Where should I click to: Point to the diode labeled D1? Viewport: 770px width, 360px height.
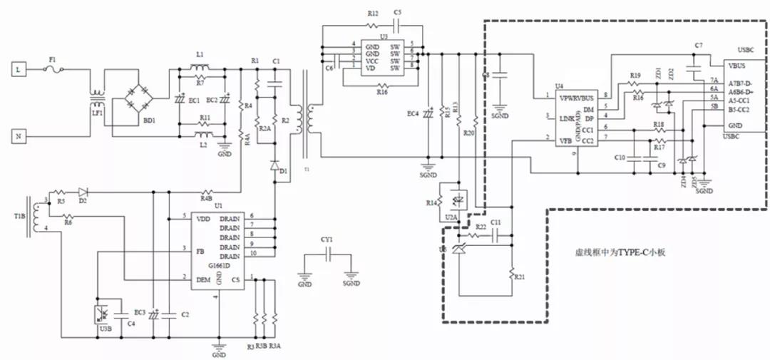tap(274, 165)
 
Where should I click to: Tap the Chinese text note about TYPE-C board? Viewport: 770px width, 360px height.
tap(620, 252)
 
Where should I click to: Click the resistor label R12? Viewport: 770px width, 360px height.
tap(373, 14)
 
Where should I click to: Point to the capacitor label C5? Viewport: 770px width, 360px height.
tap(398, 14)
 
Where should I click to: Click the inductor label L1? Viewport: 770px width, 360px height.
tap(200, 55)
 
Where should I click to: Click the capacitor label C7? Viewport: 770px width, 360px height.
tap(699, 46)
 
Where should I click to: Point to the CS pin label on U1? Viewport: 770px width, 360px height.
tap(235, 280)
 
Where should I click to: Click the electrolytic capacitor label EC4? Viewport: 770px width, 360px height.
tap(413, 114)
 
